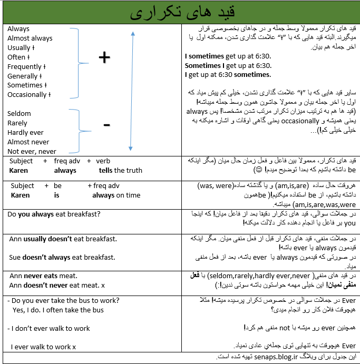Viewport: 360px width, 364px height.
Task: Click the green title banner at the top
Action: click(x=180, y=13)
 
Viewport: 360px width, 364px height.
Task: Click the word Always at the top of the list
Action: click(x=18, y=29)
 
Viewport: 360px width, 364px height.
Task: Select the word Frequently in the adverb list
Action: click(x=24, y=67)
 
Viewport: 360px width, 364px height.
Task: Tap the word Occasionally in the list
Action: click(x=27, y=95)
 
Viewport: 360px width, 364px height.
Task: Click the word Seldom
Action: click(x=19, y=114)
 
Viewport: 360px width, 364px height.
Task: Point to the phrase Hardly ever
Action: click(x=26, y=133)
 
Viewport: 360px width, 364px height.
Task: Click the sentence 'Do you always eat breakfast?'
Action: click(x=54, y=214)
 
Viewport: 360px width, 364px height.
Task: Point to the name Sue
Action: click(x=15, y=258)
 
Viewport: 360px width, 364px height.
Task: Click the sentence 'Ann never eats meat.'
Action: click(x=43, y=276)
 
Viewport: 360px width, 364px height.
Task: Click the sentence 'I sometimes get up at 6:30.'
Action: click(x=228, y=57)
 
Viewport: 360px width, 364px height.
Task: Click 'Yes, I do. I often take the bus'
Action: click(x=58, y=310)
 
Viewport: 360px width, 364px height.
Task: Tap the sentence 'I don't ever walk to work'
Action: click(x=48, y=329)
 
